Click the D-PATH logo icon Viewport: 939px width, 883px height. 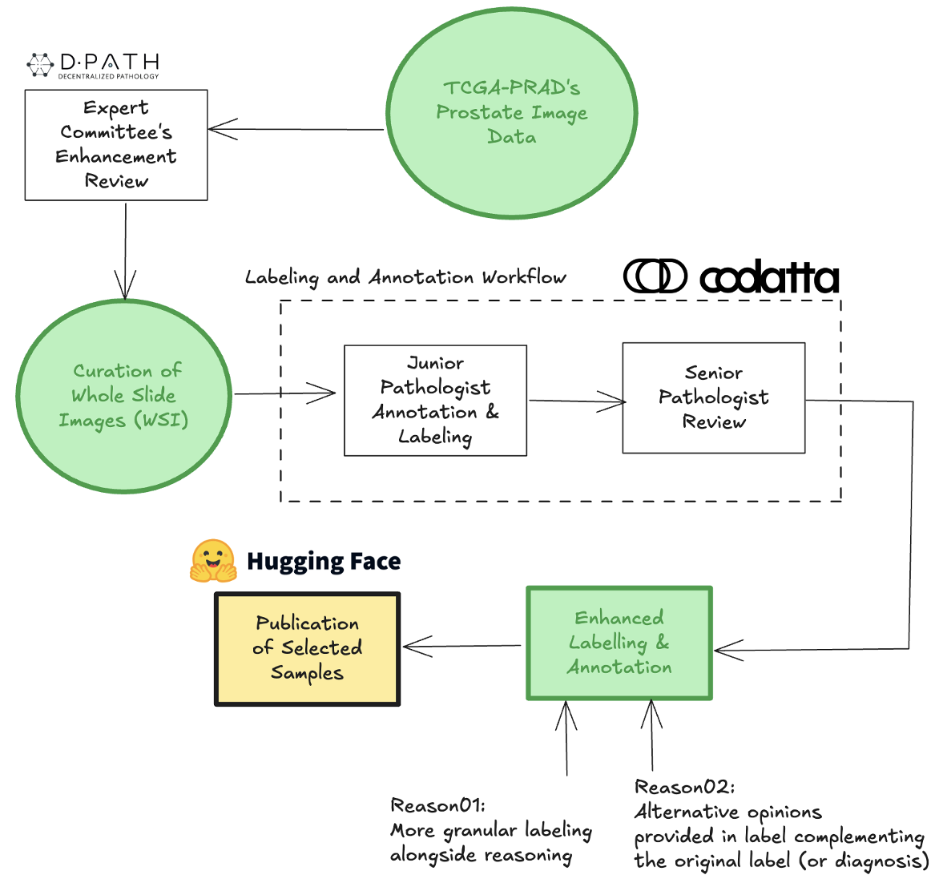(40, 65)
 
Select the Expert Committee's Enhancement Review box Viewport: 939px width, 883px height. (116, 145)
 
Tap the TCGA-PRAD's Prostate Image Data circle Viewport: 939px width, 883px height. (512, 113)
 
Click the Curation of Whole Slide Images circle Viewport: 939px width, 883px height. (123, 396)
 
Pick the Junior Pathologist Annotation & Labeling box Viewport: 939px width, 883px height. (435, 401)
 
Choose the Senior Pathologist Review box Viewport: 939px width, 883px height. (713, 398)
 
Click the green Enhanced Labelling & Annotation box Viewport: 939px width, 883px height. (619, 643)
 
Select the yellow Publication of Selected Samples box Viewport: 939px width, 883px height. (307, 649)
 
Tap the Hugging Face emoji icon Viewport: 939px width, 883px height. (213, 561)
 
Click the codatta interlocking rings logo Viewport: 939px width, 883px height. (655, 276)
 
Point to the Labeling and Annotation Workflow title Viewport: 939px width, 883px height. (405, 278)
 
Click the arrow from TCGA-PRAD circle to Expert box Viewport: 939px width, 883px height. (296, 129)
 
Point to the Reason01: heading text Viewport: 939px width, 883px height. (437, 805)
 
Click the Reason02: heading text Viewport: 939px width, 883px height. (684, 787)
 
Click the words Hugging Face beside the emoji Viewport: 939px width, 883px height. (324, 562)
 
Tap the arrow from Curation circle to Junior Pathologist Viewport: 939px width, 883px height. (284, 393)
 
